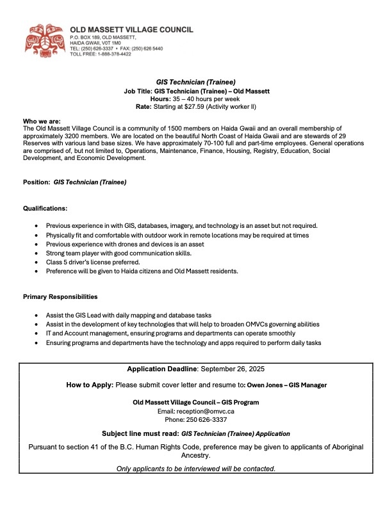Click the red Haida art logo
pyautogui.click(x=45, y=39)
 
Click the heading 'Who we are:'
pyautogui.click(x=41, y=121)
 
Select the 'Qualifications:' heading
pyautogui.click(x=45, y=209)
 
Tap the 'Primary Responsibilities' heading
pyautogui.click(x=60, y=297)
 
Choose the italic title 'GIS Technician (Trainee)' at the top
pyautogui.click(x=196, y=83)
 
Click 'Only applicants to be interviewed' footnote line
pyautogui.click(x=196, y=469)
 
